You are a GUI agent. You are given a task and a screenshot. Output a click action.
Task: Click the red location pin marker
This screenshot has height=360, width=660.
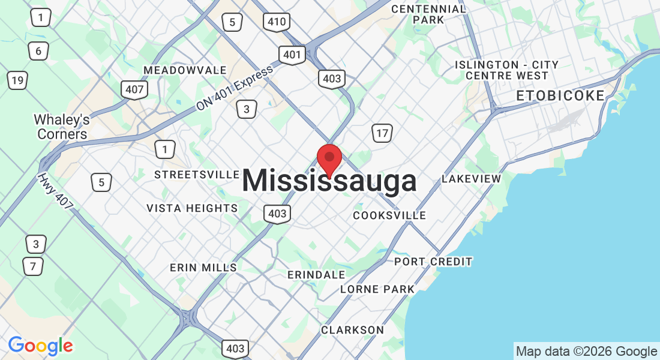(329, 158)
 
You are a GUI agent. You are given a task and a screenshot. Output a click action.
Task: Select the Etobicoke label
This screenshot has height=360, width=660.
(560, 96)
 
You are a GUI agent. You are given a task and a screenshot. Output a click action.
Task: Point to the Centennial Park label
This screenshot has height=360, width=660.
(428, 14)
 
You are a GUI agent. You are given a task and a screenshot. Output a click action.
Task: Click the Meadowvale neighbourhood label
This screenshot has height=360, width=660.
(185, 70)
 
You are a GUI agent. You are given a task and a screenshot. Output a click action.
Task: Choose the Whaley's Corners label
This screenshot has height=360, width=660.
(62, 127)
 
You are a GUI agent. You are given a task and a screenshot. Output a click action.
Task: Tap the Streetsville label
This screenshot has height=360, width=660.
(197, 174)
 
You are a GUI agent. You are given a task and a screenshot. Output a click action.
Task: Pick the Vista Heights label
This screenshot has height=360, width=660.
(192, 208)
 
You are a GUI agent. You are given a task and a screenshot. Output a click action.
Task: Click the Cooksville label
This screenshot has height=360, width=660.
(389, 215)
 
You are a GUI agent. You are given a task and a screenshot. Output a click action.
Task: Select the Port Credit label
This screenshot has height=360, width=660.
(433, 262)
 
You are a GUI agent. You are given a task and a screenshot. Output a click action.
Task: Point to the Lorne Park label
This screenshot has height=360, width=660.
(377, 289)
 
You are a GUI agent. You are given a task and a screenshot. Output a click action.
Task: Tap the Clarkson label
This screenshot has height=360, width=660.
(352, 330)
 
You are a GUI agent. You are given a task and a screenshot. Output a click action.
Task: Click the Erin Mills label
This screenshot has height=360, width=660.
(203, 267)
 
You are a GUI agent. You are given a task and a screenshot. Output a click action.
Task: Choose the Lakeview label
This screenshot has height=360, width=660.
(471, 179)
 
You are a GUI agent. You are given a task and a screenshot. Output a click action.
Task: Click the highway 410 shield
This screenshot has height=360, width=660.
(277, 23)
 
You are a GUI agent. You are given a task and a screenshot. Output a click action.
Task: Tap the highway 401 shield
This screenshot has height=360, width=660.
(292, 55)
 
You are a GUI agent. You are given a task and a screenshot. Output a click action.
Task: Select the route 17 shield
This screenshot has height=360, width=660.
(382, 133)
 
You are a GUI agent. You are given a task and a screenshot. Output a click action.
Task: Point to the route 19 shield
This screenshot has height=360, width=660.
(17, 80)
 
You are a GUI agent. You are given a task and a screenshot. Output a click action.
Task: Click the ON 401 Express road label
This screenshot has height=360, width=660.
(234, 88)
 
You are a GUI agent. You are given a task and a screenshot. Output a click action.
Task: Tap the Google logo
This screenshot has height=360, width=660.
(40, 346)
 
